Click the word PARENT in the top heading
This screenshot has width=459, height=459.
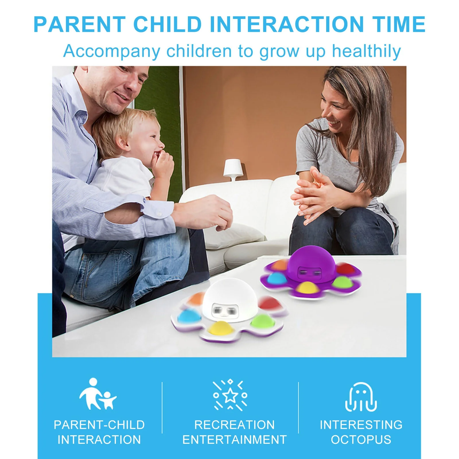[79, 24]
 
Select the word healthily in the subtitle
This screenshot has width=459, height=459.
[366, 51]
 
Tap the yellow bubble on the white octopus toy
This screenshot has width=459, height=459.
[221, 328]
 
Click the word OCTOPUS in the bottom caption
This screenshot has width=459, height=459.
[361, 439]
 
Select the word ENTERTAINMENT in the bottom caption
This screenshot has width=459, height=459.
[235, 439]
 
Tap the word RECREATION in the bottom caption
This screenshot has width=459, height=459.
[235, 425]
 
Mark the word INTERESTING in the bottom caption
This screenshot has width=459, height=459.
[361, 425]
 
